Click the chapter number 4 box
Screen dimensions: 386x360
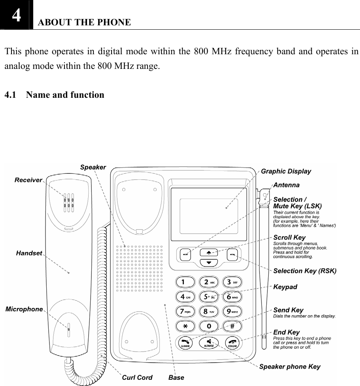[x=16, y=15]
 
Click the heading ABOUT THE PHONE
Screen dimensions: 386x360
[x=84, y=22]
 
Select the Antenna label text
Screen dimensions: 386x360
[x=286, y=185]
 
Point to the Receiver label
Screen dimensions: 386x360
[x=28, y=180]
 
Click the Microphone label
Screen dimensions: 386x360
[x=24, y=309]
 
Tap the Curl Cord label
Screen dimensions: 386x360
[x=137, y=377]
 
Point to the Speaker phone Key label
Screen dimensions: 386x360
[x=290, y=367]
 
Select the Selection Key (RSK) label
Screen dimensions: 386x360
[x=305, y=271]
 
